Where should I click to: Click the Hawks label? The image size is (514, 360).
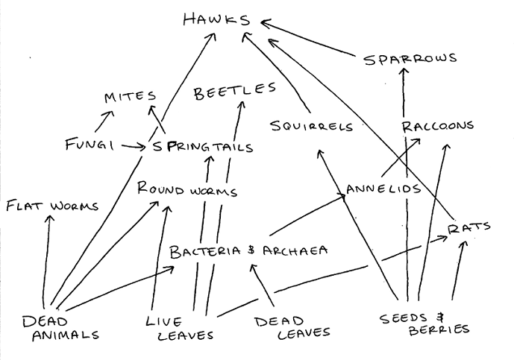click(x=216, y=19)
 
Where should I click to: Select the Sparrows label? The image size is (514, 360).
click(x=410, y=59)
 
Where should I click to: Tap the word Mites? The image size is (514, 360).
click(x=130, y=97)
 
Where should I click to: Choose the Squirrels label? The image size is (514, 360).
click(x=312, y=126)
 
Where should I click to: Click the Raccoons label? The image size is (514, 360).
click(x=437, y=125)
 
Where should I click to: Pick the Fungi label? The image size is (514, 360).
click(x=89, y=145)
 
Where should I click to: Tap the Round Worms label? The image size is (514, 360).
click(x=187, y=190)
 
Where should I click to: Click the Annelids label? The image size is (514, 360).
click(x=383, y=189)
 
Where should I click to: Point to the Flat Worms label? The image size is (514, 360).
click(x=51, y=205)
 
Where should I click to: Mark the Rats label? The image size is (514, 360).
click(x=470, y=227)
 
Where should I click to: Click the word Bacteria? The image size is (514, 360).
click(x=207, y=251)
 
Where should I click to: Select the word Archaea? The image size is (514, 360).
click(x=295, y=250)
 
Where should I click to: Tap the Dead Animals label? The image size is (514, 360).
click(x=59, y=328)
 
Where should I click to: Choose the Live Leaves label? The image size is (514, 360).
click(x=179, y=328)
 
